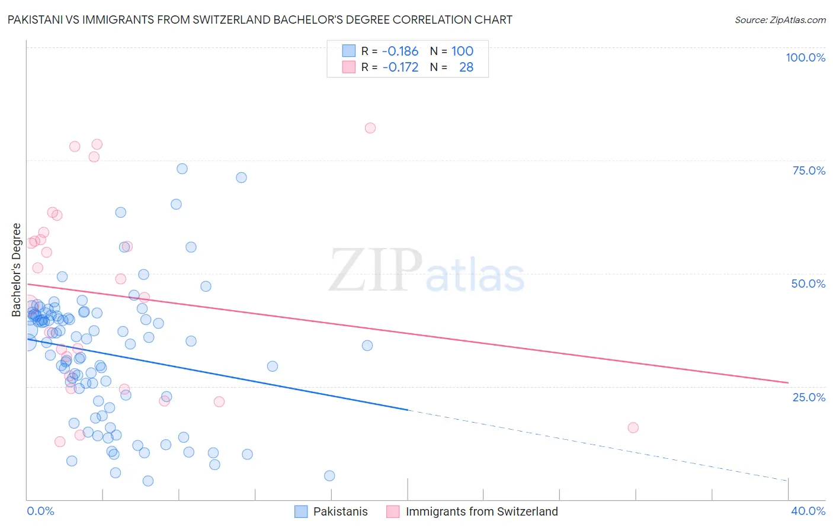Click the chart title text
coord(259,20)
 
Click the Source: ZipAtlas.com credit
coord(780,20)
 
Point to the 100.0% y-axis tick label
coord(805,57)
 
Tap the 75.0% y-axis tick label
coord(809,170)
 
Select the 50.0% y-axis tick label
coord(808,284)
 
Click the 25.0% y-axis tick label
coord(809,397)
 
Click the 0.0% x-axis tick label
coord(40,511)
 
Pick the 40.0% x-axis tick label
coord(808,511)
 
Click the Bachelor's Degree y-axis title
coord(17,270)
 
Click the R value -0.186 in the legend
coord(400,51)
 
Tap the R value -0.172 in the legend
coord(400,67)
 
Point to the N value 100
coord(462,51)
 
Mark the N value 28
coord(466,67)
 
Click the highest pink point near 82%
coord(370,128)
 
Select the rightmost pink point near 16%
coord(633,427)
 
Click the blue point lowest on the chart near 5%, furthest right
coord(329,476)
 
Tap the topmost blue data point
coord(182,169)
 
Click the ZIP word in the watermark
coord(376,271)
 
